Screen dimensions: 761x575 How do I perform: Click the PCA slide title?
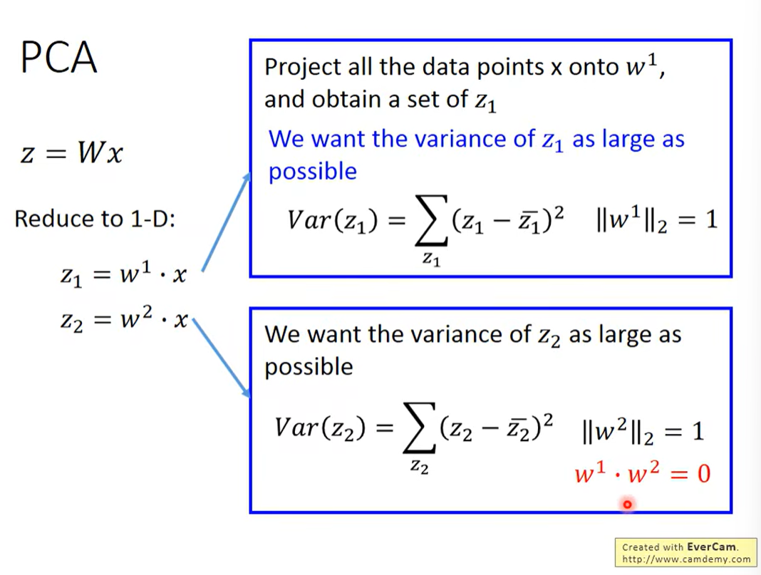click(58, 58)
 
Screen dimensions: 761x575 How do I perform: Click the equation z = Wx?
click(72, 153)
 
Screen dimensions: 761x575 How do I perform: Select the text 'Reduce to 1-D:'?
click(95, 219)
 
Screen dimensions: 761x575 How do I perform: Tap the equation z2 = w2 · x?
click(124, 318)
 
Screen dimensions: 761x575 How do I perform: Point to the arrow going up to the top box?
click(226, 222)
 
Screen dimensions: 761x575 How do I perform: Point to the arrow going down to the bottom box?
click(222, 358)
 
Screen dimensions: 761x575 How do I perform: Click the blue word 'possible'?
click(313, 171)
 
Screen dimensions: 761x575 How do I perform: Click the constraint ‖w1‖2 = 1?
click(657, 219)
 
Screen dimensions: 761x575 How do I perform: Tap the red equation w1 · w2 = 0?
click(643, 472)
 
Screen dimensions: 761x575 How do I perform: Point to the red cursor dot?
click(627, 504)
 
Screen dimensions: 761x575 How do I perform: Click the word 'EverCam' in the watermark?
click(712, 547)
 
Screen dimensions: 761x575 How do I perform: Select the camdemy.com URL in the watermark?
click(686, 559)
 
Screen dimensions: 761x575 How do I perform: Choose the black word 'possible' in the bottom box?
click(309, 367)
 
